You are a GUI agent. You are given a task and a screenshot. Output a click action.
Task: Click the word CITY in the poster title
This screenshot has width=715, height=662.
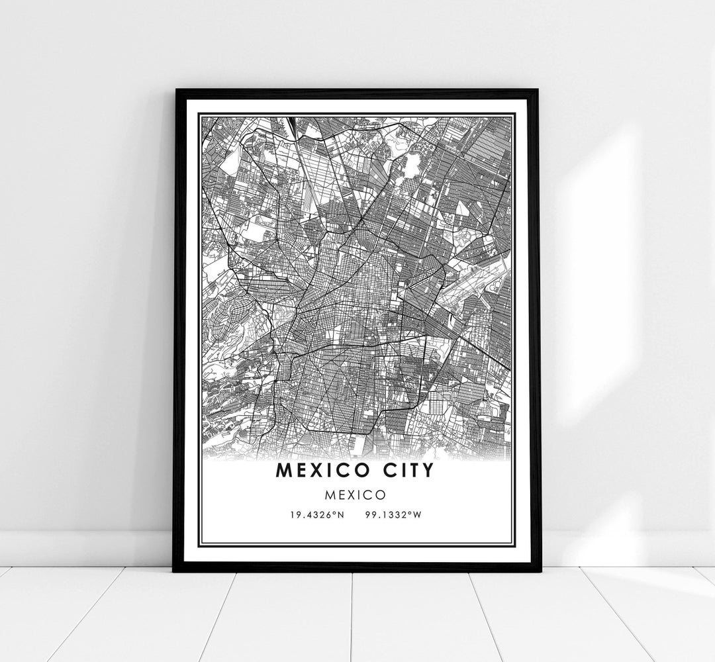[x=406, y=470]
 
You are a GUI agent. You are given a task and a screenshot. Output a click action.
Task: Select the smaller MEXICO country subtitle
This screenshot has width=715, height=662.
[x=358, y=494]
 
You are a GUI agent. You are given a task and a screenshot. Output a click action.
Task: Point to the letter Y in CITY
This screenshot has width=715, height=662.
[x=428, y=470]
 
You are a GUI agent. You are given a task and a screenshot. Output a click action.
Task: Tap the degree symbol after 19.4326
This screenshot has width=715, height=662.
[x=334, y=512]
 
